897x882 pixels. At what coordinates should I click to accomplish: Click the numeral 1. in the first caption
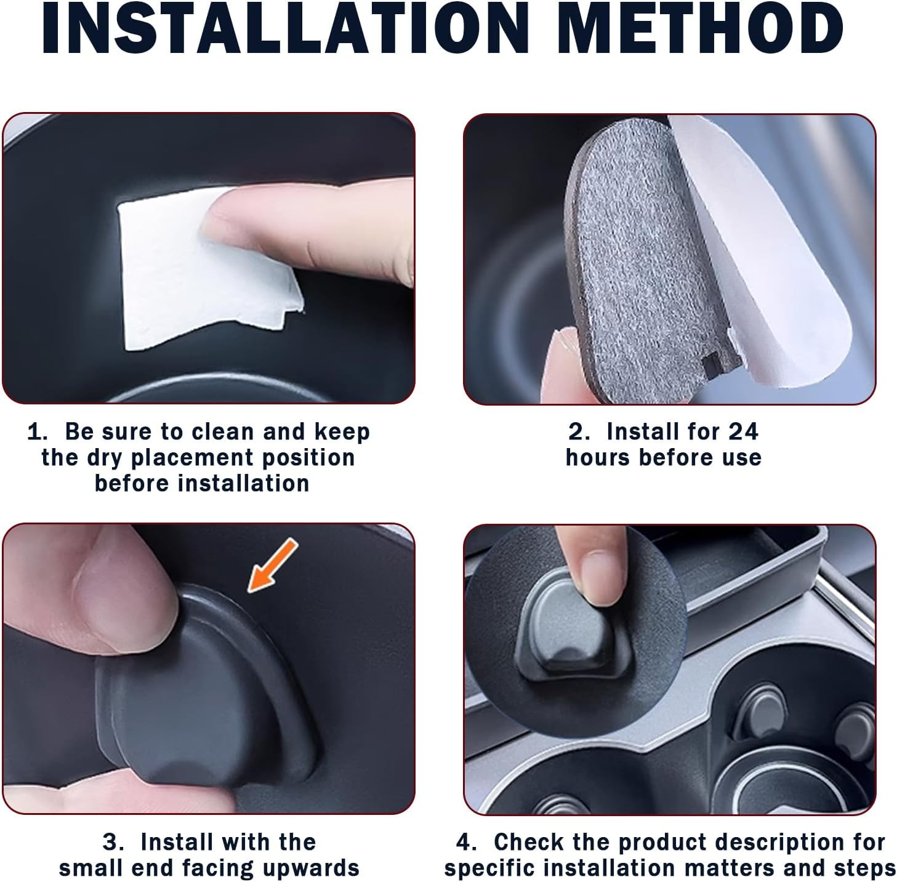coord(38,432)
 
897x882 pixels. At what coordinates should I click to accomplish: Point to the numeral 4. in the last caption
coord(466,842)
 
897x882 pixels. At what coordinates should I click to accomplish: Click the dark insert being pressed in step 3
coord(203,689)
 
